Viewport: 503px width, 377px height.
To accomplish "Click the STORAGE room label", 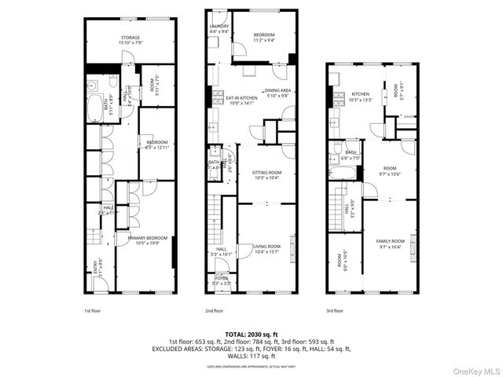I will coord(129,37).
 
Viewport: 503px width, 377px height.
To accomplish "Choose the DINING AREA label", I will coord(277,91).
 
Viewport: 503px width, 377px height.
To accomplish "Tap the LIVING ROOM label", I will coord(265,248).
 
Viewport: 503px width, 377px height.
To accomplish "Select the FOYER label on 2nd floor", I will coord(221,277).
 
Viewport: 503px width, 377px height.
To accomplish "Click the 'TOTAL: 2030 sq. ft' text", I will coord(251,335).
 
